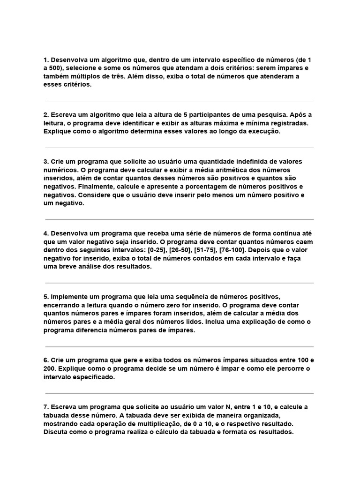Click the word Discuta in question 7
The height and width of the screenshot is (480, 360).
point(55,432)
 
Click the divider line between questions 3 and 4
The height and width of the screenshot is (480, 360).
point(180,219)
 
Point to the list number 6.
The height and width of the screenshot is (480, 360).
point(46,360)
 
